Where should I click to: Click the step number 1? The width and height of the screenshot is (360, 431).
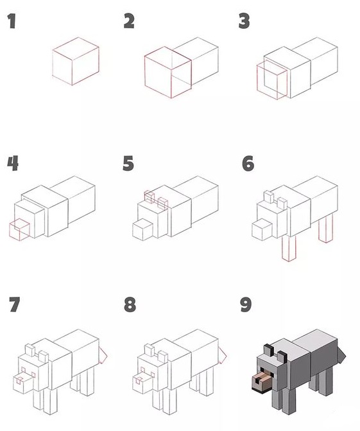point(12,21)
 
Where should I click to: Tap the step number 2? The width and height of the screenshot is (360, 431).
point(129,21)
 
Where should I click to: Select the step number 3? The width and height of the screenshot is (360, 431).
point(244,21)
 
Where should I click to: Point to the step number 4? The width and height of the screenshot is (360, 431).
point(13,163)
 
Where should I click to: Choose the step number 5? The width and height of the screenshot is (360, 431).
point(128,163)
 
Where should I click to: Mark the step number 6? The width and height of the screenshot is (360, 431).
point(248,163)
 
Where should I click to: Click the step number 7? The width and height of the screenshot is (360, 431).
point(14,304)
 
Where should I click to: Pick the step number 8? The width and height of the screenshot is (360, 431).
point(130,304)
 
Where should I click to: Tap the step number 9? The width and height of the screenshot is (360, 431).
point(246,304)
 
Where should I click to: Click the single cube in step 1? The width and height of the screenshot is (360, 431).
point(76,61)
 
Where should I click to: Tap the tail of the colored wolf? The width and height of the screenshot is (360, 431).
point(341,355)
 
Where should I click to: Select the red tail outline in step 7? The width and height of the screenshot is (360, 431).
point(103,355)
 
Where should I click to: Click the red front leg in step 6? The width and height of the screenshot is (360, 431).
point(289,248)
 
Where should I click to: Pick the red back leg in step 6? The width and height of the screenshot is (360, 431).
point(326,228)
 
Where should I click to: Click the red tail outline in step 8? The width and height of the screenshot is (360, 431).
point(222,355)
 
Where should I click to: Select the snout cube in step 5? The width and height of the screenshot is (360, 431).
point(142,229)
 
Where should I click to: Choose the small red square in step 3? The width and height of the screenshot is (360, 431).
point(272,80)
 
